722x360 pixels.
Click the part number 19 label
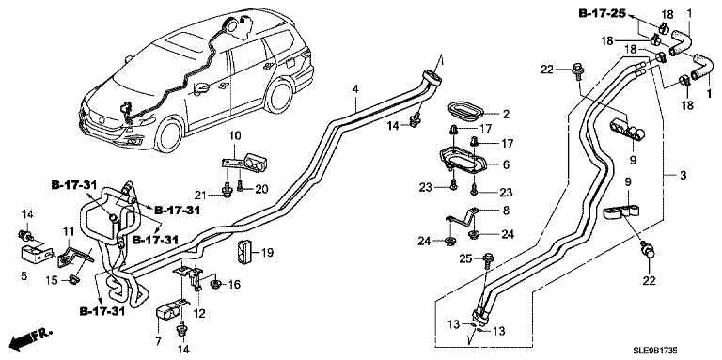(x=267, y=252)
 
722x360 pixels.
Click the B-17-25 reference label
(x=602, y=13)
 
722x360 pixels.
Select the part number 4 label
(x=355, y=88)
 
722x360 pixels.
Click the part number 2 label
(x=506, y=115)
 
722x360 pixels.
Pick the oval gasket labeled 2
(x=465, y=112)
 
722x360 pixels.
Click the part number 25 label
(x=465, y=259)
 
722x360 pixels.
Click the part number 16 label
(x=234, y=285)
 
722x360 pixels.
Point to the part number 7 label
(x=158, y=341)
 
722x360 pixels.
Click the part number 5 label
(x=24, y=276)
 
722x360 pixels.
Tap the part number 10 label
(x=235, y=135)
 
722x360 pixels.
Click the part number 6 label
(x=506, y=164)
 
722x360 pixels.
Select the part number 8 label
(x=507, y=211)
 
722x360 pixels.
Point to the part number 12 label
(x=199, y=315)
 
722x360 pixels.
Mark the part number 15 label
(x=52, y=279)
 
